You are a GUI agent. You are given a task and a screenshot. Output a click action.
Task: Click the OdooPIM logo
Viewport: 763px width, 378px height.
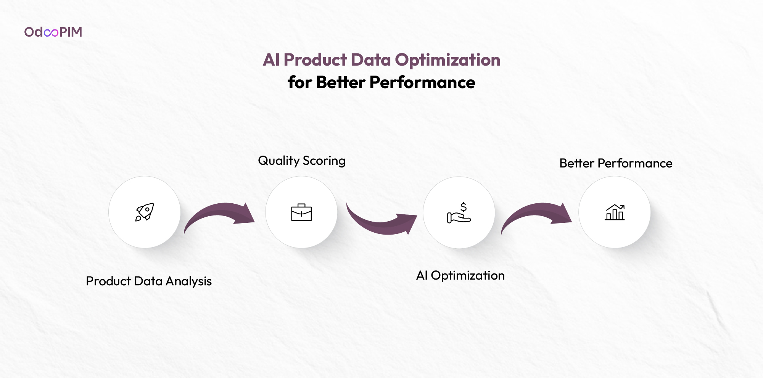pyautogui.click(x=53, y=32)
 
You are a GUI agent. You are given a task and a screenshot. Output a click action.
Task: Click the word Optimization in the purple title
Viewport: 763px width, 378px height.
pyautogui.click(x=447, y=60)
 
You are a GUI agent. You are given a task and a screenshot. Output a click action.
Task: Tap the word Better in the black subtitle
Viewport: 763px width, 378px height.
pyautogui.click(x=341, y=82)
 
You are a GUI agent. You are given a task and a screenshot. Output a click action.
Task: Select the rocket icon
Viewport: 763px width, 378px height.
pyautogui.click(x=145, y=212)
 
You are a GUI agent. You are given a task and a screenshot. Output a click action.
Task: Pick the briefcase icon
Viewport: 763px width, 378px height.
pyautogui.click(x=301, y=212)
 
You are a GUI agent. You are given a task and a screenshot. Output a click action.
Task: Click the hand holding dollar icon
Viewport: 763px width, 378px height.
pyautogui.click(x=459, y=212)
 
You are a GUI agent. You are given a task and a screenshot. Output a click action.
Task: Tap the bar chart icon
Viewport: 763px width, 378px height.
pyautogui.click(x=615, y=212)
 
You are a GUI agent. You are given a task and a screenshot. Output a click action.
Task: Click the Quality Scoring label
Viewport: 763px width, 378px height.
pyautogui.click(x=302, y=161)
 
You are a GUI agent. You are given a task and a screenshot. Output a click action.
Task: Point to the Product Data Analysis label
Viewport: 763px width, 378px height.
pyautogui.click(x=149, y=281)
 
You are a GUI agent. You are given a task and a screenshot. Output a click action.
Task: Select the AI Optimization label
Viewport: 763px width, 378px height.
pyautogui.click(x=460, y=276)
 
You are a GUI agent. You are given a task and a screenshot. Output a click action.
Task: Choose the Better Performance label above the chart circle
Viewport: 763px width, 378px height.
pyautogui.click(x=616, y=163)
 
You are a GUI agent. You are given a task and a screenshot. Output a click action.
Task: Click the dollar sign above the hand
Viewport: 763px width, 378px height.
pyautogui.click(x=464, y=207)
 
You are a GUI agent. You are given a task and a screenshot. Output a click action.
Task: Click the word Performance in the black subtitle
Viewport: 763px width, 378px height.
pyautogui.click(x=422, y=82)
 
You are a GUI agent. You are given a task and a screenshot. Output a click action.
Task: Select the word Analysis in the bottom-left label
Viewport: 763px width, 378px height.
pyautogui.click(x=189, y=281)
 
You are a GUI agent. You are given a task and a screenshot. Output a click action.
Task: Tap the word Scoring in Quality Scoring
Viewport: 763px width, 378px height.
pyautogui.click(x=324, y=161)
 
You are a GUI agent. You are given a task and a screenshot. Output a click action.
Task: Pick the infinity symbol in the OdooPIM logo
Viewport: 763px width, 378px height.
pyautogui.click(x=51, y=33)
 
